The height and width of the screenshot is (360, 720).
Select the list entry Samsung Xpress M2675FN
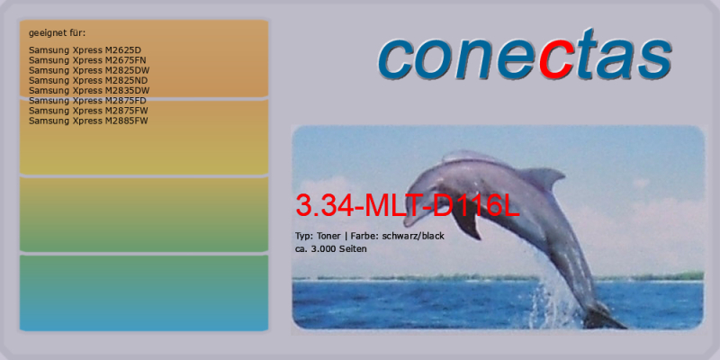[87, 60]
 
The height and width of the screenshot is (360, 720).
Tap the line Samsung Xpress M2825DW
[89, 70]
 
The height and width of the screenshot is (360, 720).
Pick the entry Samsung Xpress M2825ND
[88, 80]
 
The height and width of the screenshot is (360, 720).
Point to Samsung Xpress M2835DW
[89, 91]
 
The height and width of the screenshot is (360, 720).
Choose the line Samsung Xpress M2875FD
[87, 101]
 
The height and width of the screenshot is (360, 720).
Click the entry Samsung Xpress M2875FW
[88, 111]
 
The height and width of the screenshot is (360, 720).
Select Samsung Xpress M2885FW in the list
[88, 121]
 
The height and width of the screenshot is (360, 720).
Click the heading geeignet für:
[57, 33]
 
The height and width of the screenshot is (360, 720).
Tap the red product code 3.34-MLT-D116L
[408, 206]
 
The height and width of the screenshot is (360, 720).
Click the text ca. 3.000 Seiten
[330, 249]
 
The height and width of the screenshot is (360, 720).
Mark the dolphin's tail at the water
[604, 317]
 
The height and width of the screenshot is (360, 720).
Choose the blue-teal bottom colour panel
[144, 293]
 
